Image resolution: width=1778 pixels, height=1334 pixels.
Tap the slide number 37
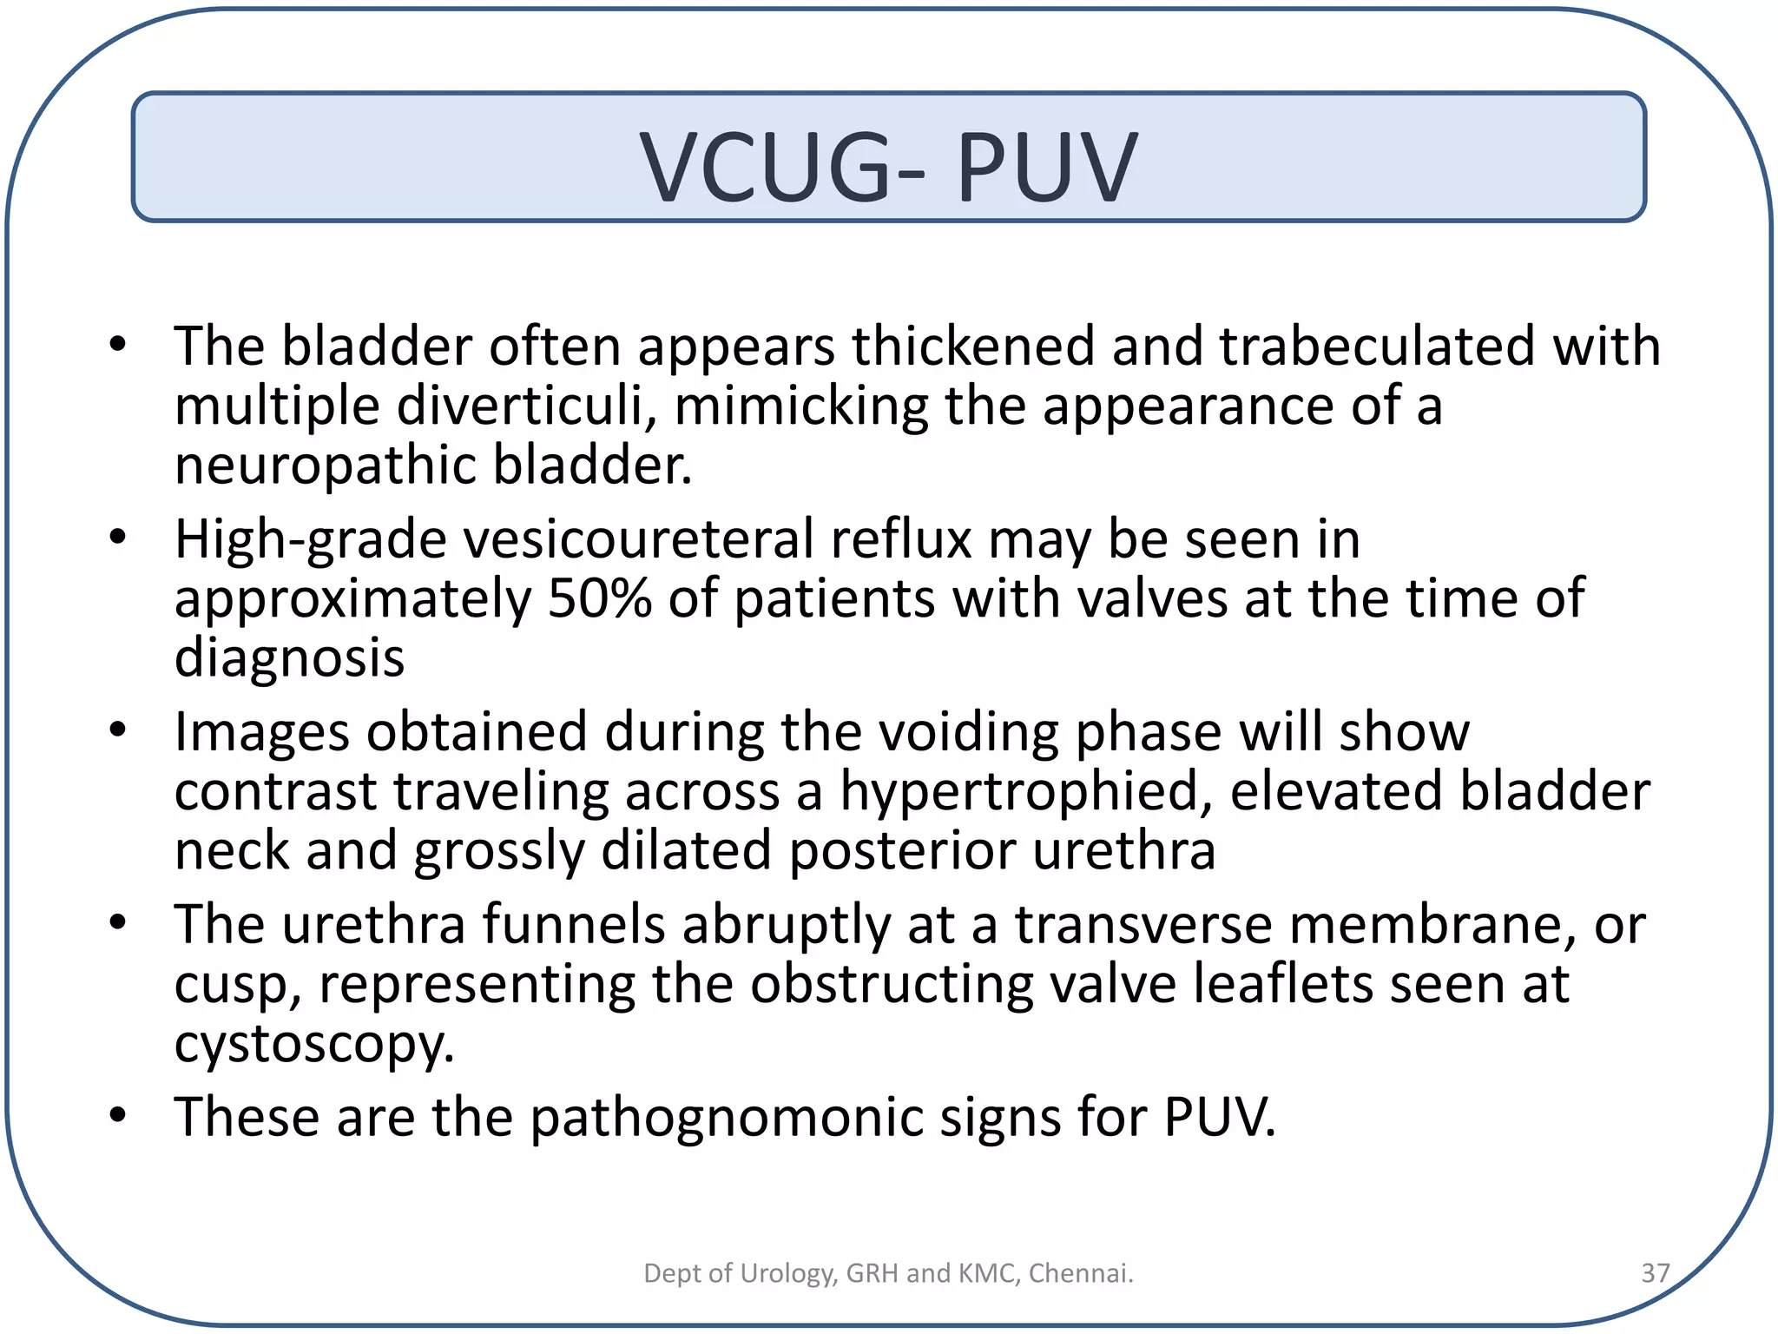click(1655, 1272)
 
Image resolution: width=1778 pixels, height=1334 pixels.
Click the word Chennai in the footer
click(1081, 1272)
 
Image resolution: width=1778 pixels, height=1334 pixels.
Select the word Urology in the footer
click(787, 1272)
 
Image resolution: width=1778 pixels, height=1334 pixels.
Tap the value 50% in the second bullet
click(599, 598)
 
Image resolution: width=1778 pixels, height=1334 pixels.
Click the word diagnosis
click(289, 657)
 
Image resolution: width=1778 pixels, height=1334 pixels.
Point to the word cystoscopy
click(314, 1043)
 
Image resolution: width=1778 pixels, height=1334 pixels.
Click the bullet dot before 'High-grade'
click(119, 538)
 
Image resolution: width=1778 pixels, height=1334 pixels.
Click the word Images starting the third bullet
click(261, 731)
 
